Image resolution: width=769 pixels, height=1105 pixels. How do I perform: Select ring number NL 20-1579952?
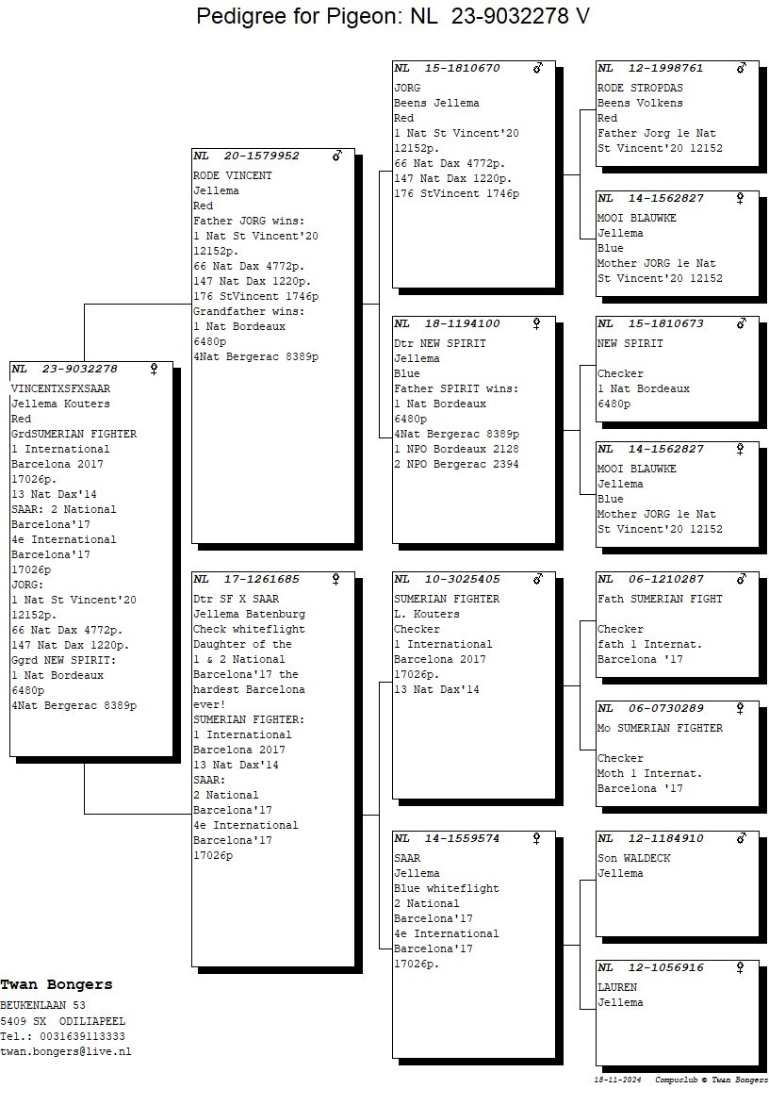point(247,156)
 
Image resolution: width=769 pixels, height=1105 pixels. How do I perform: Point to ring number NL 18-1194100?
point(448,323)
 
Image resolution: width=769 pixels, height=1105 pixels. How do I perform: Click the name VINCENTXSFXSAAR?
point(60,388)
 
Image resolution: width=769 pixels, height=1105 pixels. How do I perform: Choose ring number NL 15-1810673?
point(651,323)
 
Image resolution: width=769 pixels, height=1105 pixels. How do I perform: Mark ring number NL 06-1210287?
point(651,579)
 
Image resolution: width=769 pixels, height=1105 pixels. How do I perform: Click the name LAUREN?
point(617,987)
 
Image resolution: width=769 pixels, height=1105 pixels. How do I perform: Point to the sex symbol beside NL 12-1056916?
point(742,967)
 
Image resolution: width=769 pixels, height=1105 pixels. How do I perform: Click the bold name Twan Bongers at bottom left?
point(57,984)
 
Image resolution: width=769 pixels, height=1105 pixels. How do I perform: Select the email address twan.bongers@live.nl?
point(66,1051)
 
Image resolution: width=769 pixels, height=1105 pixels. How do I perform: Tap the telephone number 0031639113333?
point(82,1036)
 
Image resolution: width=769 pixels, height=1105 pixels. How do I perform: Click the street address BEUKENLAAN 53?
point(42,1006)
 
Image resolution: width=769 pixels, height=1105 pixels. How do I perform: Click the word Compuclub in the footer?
point(676,1080)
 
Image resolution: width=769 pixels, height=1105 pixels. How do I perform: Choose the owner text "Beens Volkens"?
point(640,103)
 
